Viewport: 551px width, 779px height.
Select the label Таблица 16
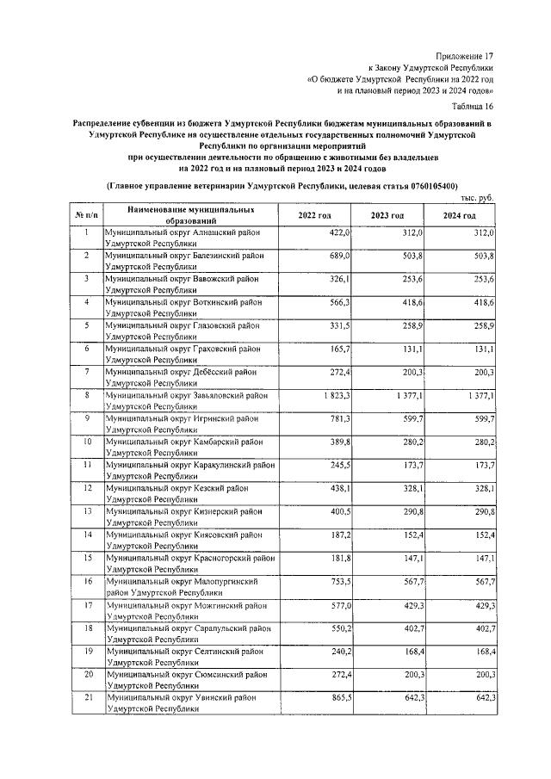pyautogui.click(x=473, y=106)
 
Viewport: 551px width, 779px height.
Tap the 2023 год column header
pyautogui.click(x=387, y=215)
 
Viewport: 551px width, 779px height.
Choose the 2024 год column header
pyautogui.click(x=459, y=215)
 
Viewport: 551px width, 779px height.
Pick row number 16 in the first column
pyautogui.click(x=86, y=581)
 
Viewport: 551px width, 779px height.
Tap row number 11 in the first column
pyautogui.click(x=86, y=465)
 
